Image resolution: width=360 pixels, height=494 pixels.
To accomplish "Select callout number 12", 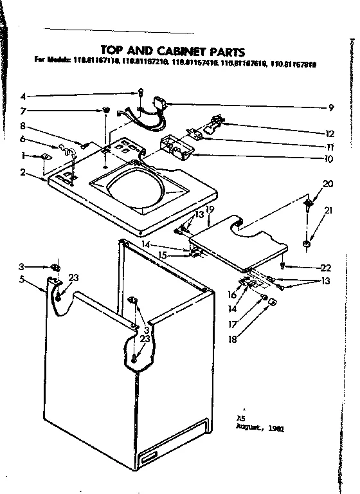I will pyautogui.click(x=330, y=134).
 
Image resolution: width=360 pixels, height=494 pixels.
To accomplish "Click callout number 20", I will pyautogui.click(x=328, y=184).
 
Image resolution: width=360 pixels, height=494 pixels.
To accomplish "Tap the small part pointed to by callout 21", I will pyautogui.click(x=307, y=243).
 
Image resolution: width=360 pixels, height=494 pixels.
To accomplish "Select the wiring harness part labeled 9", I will pyautogui.click(x=161, y=104).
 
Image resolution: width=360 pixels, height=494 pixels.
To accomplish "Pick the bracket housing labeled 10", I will pyautogui.click(x=177, y=148).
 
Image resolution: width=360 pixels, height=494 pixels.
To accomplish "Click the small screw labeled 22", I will pyautogui.click(x=283, y=265).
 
